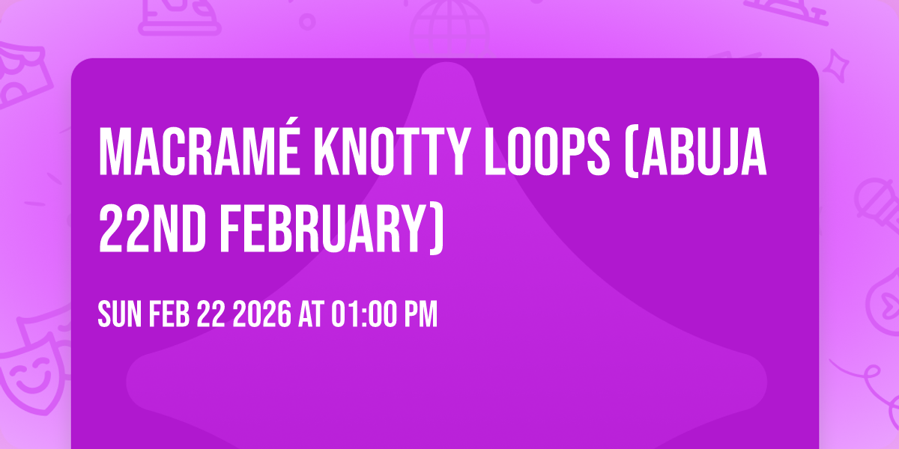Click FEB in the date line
(x=169, y=315)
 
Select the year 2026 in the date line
(x=261, y=315)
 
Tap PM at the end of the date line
(x=420, y=315)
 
